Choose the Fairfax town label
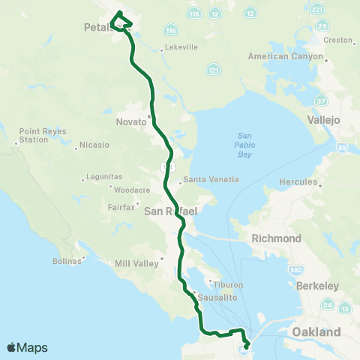pyautogui.click(x=120, y=206)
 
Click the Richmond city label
pyautogui.click(x=277, y=238)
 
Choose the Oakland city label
pyautogui.click(x=316, y=331)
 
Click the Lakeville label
pyautogui.click(x=181, y=46)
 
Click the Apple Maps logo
pyautogui.click(x=28, y=347)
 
